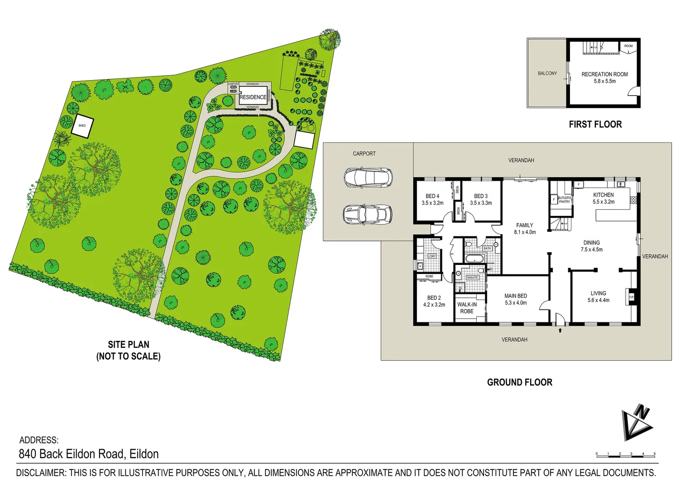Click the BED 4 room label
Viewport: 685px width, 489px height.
point(432,196)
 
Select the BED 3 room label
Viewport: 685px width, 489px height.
point(481,196)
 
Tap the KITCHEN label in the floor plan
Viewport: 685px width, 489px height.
point(604,195)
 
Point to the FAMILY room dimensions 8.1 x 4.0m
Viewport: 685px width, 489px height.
point(525,232)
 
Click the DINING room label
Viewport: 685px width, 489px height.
point(591,243)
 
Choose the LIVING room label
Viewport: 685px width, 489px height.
point(598,293)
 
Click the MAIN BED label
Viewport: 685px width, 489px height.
point(516,296)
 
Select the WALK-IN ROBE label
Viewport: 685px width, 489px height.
point(467,308)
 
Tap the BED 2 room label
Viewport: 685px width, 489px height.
point(434,297)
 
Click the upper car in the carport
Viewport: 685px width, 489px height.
point(368,177)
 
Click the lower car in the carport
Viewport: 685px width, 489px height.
point(367,214)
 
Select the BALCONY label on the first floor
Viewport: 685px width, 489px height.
point(547,73)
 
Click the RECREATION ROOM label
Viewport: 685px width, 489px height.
point(604,74)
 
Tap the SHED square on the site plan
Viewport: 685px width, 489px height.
point(82,125)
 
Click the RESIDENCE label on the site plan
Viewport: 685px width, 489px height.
point(253,97)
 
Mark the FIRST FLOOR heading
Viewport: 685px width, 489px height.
point(595,124)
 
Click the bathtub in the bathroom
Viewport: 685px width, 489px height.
point(474,259)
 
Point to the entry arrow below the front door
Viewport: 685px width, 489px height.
point(560,331)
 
